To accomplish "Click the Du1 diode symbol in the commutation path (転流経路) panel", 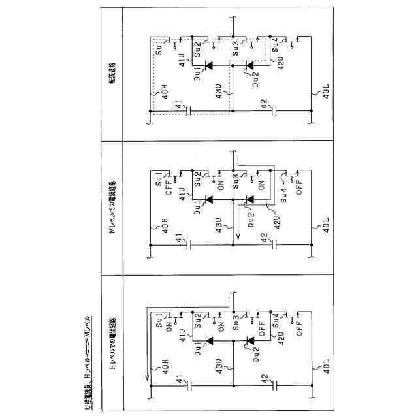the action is [208, 65].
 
